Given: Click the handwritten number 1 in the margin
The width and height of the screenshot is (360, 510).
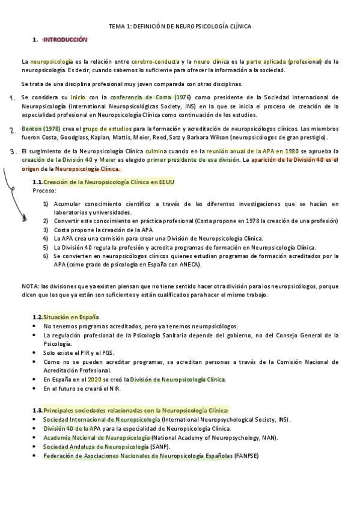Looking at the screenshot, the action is point(12,97).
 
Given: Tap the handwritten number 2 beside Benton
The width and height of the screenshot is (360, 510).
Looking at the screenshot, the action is point(12,130).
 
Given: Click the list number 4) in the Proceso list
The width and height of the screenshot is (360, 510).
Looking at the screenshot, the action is point(46,238).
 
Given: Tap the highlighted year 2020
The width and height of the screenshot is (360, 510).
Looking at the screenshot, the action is point(94,379).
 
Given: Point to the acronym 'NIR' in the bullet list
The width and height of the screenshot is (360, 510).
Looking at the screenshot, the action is point(114,389).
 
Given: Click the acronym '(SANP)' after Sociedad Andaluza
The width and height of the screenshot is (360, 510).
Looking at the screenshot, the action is point(159,447).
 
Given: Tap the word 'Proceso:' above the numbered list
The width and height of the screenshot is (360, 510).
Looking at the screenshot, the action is point(44,190).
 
